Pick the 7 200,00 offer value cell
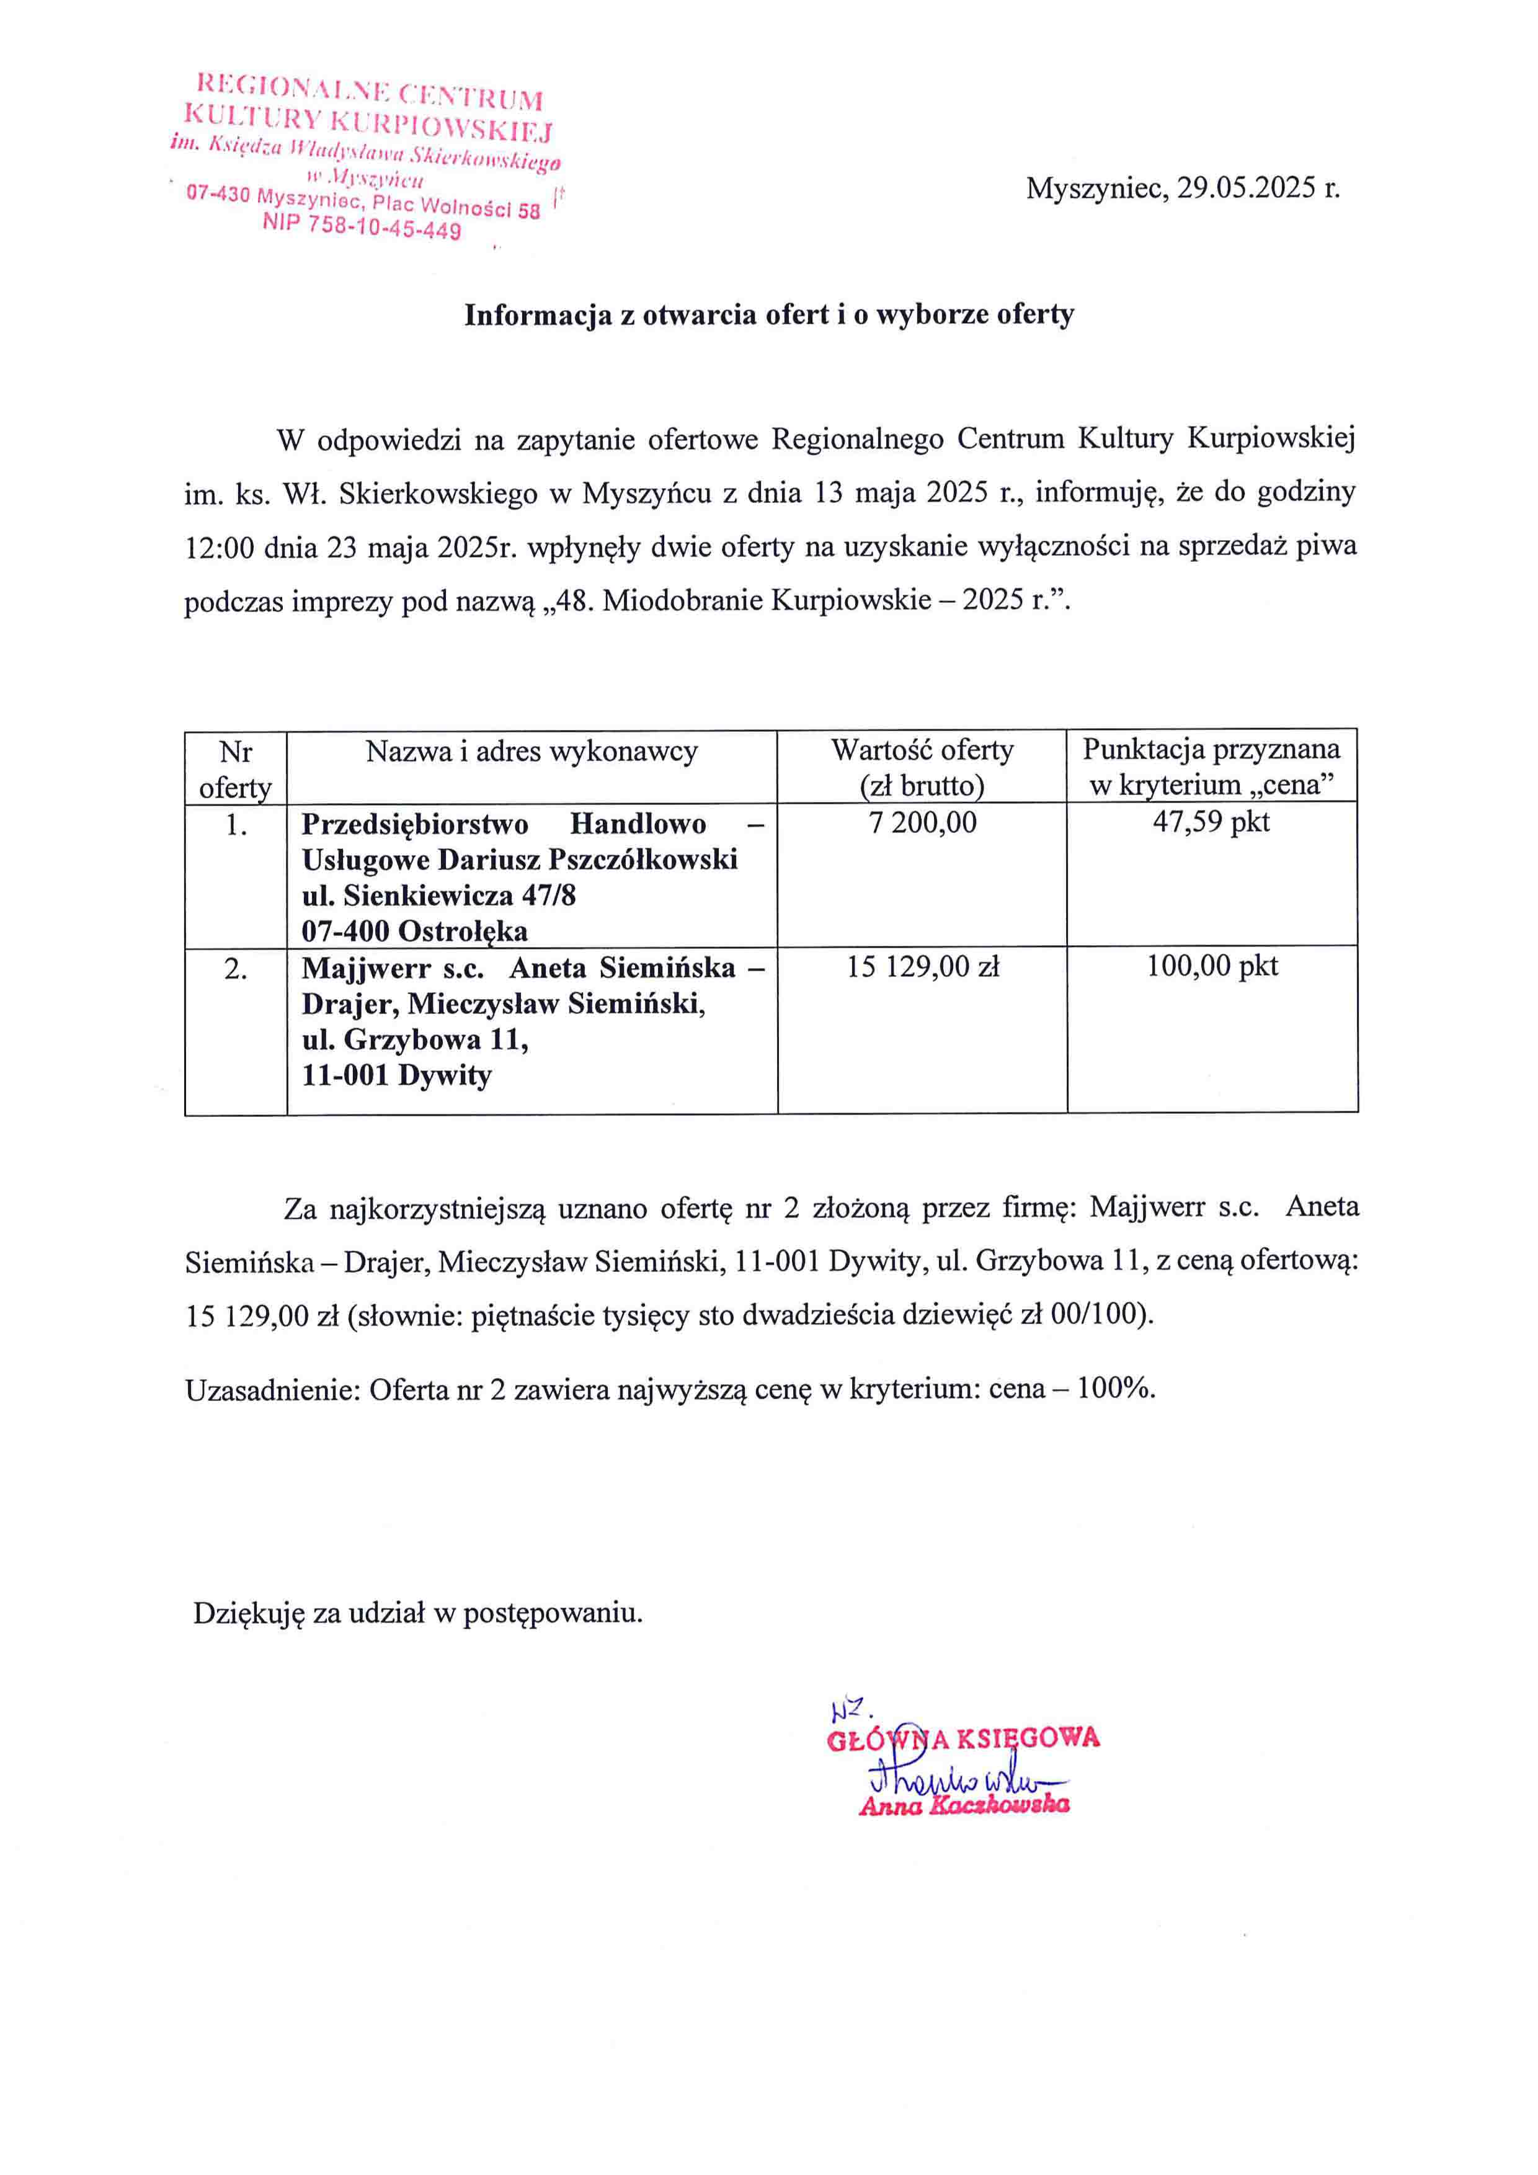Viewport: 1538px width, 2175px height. point(922,822)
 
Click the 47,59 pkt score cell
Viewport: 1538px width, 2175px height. point(1211,821)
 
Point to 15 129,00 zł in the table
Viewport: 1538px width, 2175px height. point(922,967)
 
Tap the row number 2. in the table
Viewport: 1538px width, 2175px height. point(236,969)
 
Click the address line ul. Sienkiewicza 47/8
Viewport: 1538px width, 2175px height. point(438,895)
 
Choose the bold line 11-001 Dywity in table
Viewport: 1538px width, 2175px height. point(397,1075)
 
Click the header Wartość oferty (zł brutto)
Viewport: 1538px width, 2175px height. point(922,767)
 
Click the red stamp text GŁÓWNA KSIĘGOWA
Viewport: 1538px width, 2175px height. point(963,1738)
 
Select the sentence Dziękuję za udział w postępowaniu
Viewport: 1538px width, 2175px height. point(417,1612)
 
